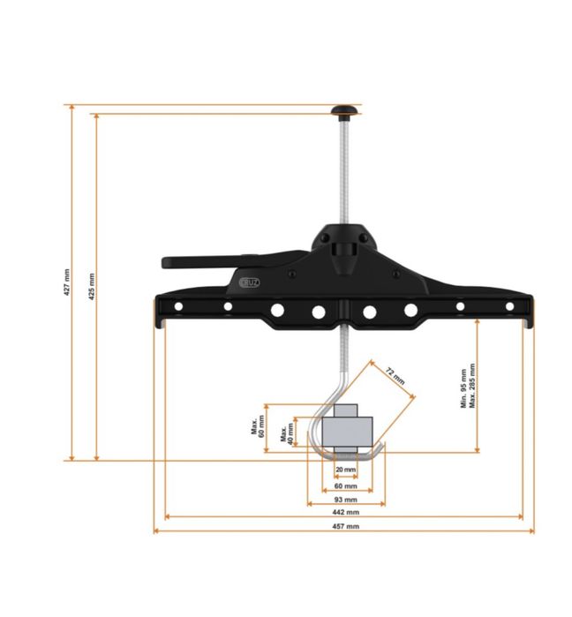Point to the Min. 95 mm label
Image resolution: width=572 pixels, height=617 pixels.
tap(463, 388)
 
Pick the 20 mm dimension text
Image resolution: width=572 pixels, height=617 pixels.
tap(345, 470)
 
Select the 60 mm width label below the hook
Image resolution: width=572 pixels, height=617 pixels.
tap(345, 486)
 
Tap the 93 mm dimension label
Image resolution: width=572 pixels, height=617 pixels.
tap(346, 500)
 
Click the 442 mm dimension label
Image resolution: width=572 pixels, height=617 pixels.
tap(346, 513)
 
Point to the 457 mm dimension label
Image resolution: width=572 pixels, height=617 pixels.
tap(346, 527)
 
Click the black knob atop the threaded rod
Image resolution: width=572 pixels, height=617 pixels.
tap(342, 109)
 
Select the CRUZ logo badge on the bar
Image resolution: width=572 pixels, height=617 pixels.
tap(250, 282)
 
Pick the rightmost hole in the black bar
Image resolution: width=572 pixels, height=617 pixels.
tap(509, 307)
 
